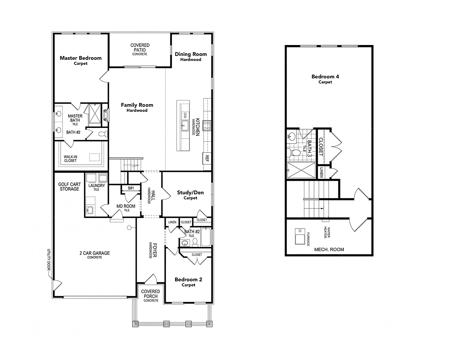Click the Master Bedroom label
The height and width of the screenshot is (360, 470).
point(80,60)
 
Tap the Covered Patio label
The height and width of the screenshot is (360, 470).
point(140,49)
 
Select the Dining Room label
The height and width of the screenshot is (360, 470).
point(191,56)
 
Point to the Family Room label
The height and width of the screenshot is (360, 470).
point(137,107)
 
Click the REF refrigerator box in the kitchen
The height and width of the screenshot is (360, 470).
point(207,158)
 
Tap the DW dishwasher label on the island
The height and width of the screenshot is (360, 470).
point(185,115)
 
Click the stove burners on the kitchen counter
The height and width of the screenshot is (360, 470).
point(207,126)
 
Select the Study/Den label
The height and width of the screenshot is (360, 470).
point(190,195)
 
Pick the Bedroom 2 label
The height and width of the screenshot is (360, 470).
point(188,282)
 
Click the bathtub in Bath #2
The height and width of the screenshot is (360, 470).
point(206,237)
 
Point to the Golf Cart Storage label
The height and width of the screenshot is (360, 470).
point(69,187)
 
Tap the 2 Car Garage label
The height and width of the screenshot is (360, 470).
point(95,255)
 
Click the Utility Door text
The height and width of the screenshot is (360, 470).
point(49,259)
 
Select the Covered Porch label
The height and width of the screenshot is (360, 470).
point(151,295)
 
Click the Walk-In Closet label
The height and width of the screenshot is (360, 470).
point(70,158)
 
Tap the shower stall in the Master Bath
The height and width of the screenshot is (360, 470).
point(95,115)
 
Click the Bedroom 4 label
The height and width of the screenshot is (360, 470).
point(325,79)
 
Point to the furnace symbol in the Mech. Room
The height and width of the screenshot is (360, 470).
point(300,236)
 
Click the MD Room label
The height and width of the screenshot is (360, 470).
point(126,207)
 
